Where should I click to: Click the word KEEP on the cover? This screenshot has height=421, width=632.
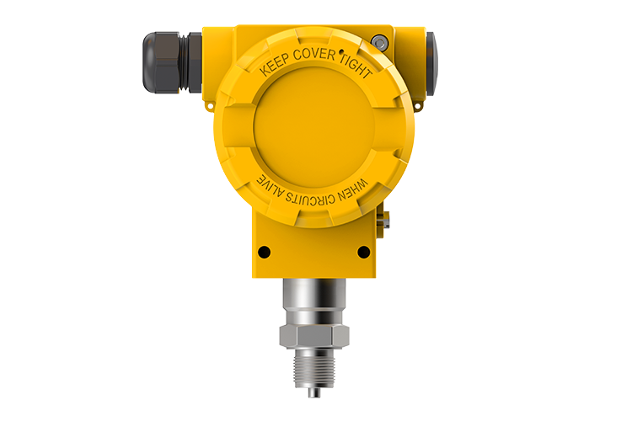click(x=275, y=65)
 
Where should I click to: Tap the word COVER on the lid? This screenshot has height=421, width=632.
click(x=314, y=55)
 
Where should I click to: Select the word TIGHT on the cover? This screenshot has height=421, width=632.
click(x=356, y=66)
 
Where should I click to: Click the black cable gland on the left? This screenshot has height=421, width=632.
click(x=172, y=62)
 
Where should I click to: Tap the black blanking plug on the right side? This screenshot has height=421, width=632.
click(x=431, y=64)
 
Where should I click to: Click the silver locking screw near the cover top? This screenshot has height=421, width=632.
click(x=379, y=42)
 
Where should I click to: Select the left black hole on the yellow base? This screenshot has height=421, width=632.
click(x=264, y=253)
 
